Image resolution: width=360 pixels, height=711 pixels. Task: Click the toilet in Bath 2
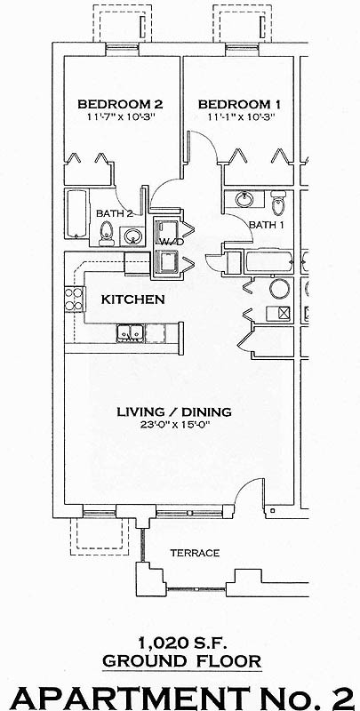(108, 233)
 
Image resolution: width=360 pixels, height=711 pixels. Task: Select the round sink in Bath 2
(132, 236)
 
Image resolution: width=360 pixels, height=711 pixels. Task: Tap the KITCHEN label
(132, 300)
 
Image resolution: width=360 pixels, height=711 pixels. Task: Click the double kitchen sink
(130, 333)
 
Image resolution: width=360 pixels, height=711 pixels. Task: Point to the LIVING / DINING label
(175, 411)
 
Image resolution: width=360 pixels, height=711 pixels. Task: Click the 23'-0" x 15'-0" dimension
(175, 424)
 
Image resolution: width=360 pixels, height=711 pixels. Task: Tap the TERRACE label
(195, 553)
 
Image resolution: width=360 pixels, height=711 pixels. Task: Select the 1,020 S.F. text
(180, 642)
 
